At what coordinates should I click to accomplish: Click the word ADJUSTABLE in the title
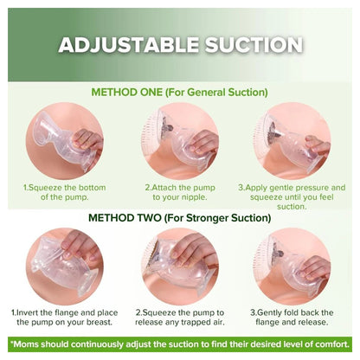(x=129, y=45)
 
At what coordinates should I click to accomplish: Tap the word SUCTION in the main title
(x=254, y=45)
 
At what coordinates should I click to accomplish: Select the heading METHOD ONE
(x=126, y=93)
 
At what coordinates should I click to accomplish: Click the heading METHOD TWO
(x=125, y=218)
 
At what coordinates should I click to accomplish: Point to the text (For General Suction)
(x=216, y=93)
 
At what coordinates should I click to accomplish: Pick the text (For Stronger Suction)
(x=217, y=218)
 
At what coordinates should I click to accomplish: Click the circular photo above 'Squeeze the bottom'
(x=65, y=141)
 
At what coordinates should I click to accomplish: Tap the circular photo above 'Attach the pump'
(x=180, y=141)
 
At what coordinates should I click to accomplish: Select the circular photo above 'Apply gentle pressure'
(x=292, y=141)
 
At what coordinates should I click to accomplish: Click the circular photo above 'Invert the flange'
(x=65, y=267)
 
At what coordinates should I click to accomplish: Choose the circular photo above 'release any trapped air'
(x=180, y=267)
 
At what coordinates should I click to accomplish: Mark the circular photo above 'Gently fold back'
(x=292, y=267)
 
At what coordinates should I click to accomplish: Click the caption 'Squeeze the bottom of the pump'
(x=65, y=192)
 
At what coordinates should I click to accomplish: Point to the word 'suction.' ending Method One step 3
(x=292, y=207)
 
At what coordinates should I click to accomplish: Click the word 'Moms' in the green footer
(x=22, y=344)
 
